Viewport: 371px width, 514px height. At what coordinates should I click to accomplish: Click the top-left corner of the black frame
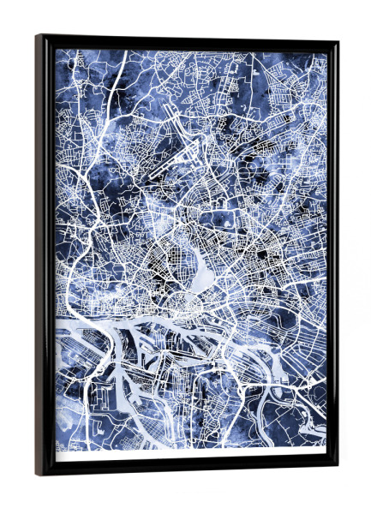pyautogui.click(x=39, y=37)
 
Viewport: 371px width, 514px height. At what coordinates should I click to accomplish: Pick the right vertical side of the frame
pyautogui.click(x=332, y=257)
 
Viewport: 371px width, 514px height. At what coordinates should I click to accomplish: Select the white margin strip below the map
pyautogui.click(x=188, y=454)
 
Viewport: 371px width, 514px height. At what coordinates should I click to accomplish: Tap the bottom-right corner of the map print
pyautogui.click(x=326, y=448)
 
